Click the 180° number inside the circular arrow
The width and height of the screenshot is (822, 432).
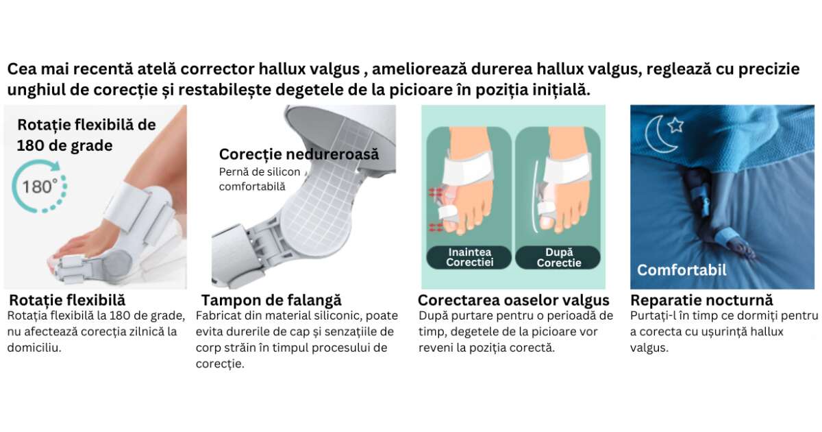(40, 187)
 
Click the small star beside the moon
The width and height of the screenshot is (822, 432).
(675, 125)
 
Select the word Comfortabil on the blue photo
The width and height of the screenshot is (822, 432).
(682, 270)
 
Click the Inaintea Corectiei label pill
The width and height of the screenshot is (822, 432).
(469, 257)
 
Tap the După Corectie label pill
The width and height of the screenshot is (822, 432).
(558, 257)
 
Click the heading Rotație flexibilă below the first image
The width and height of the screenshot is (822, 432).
(67, 300)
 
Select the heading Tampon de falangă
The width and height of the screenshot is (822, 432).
(271, 300)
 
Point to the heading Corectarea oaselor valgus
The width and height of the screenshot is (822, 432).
(513, 300)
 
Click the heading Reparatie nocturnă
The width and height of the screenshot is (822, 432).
(701, 300)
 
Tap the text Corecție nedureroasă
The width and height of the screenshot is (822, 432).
(299, 154)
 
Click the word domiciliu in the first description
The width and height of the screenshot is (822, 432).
(34, 348)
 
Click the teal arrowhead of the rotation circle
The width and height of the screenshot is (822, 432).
(55, 166)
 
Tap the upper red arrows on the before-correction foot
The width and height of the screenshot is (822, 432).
(436, 192)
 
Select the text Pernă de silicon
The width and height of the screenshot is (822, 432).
(260, 172)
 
